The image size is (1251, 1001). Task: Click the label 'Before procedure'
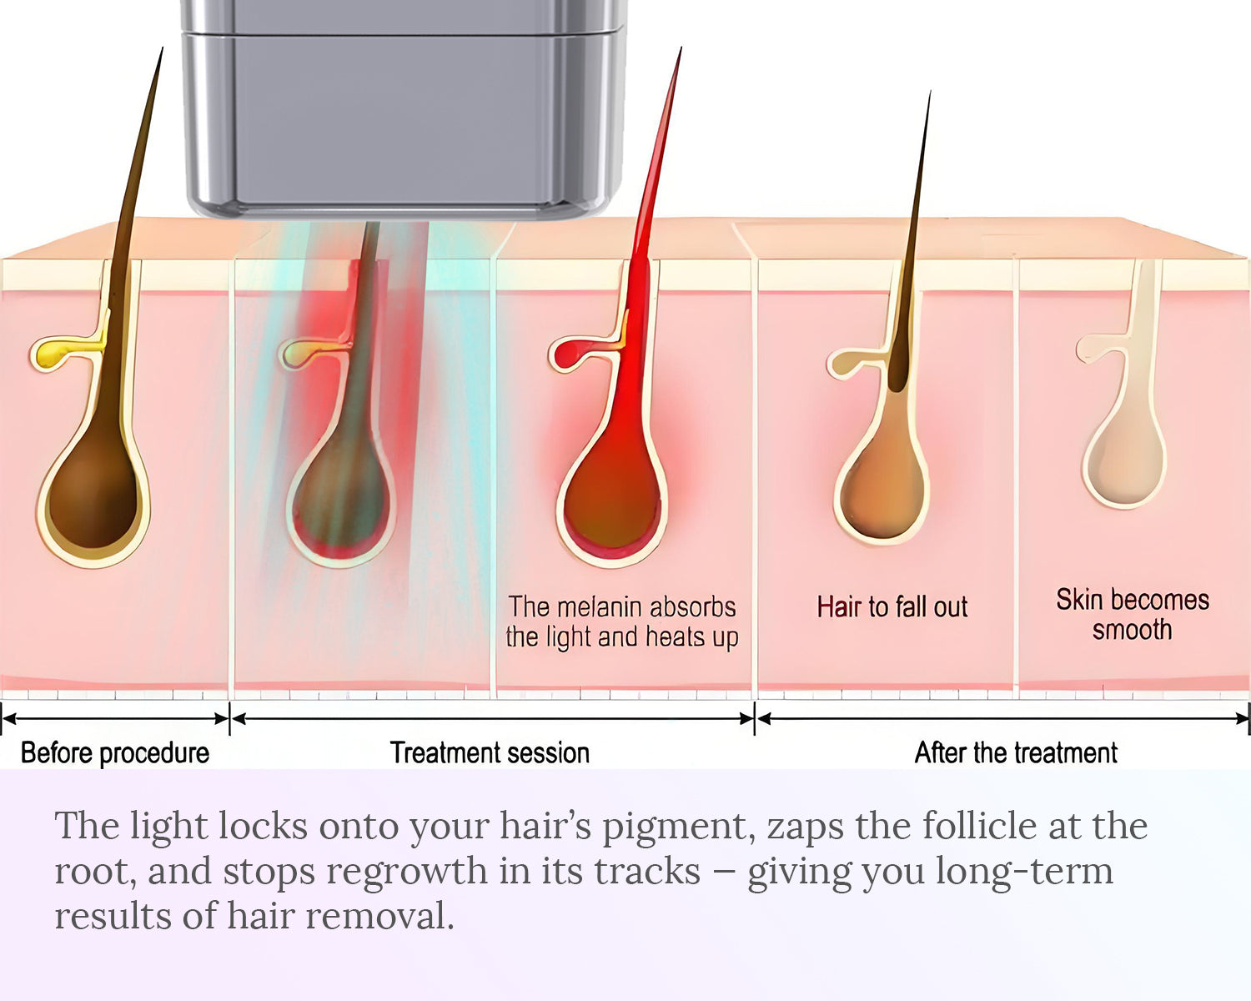click(115, 752)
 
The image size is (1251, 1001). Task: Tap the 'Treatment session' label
click(490, 752)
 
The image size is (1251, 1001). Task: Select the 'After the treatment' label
click(1016, 752)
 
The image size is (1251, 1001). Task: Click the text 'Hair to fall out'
click(892, 606)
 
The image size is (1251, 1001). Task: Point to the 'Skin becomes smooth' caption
click(1133, 614)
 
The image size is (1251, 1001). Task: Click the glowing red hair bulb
click(611, 500)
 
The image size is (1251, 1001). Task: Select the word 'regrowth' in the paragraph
click(406, 873)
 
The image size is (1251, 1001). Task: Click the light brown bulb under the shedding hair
click(882, 495)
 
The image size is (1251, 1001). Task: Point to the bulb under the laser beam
click(342, 500)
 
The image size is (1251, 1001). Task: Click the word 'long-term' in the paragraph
click(1024, 873)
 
